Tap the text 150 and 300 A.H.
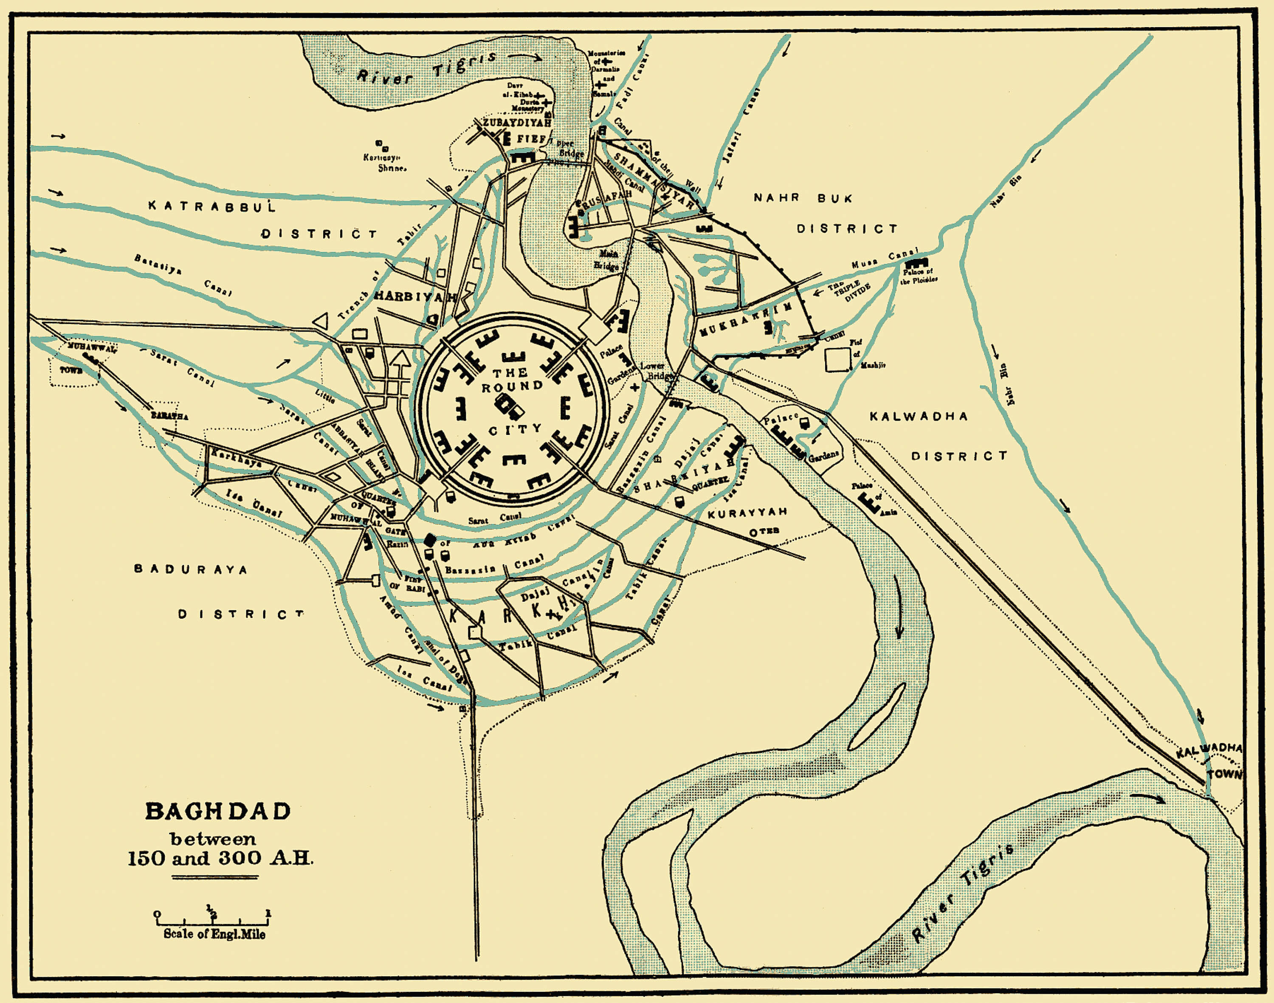coord(220,858)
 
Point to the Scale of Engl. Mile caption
coord(214,934)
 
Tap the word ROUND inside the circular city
coord(512,387)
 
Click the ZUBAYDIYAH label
coord(517,123)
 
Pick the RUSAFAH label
coord(605,201)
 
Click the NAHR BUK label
coord(803,198)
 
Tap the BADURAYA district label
coord(191,569)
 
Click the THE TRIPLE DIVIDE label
coord(849,291)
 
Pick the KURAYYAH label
coord(747,513)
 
